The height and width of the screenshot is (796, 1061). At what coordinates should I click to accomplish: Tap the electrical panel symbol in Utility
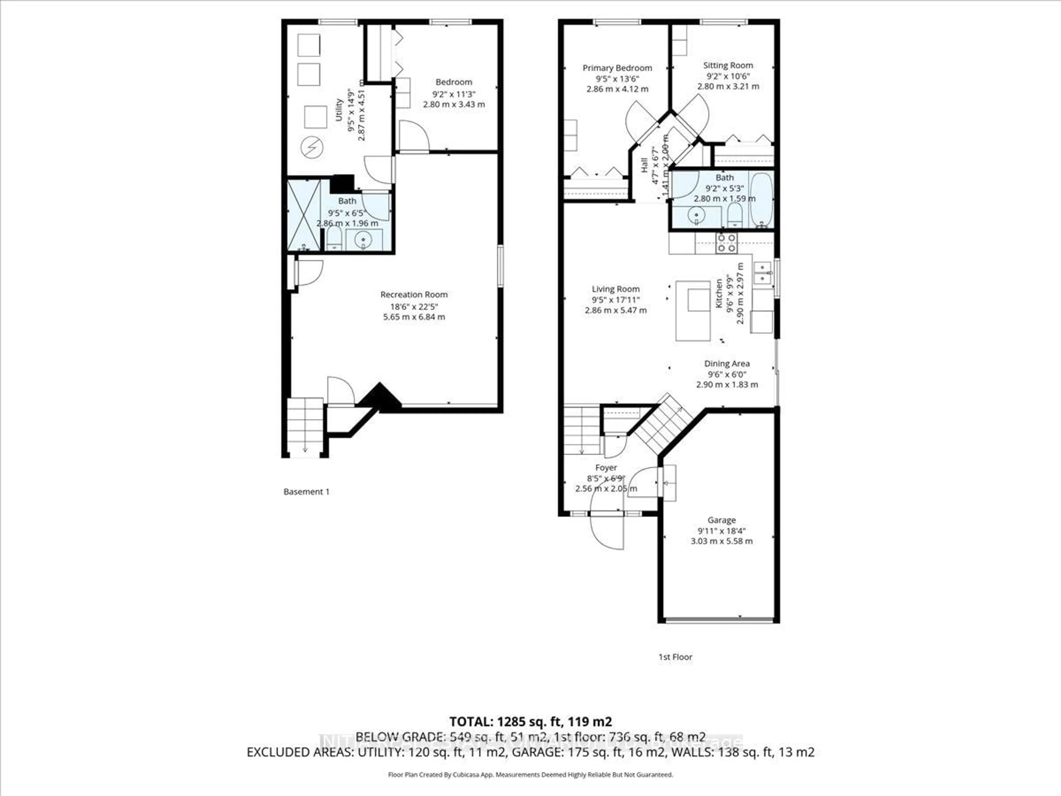click(x=312, y=147)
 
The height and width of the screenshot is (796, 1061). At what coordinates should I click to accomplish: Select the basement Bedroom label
click(x=453, y=82)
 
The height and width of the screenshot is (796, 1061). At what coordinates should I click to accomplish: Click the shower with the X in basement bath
click(x=304, y=215)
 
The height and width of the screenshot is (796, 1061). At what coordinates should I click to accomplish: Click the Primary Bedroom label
click(x=617, y=68)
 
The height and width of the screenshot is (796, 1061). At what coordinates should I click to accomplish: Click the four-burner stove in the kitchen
click(x=726, y=243)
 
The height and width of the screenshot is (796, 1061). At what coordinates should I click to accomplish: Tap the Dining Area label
click(x=727, y=364)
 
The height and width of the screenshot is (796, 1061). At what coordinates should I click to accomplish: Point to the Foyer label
click(x=606, y=468)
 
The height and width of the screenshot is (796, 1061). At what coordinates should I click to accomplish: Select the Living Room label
click(x=615, y=289)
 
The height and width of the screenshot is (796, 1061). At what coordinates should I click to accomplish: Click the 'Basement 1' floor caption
click(x=306, y=492)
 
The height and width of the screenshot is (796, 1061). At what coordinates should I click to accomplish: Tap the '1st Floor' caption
click(x=675, y=657)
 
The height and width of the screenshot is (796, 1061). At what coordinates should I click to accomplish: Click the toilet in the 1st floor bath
click(x=734, y=216)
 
